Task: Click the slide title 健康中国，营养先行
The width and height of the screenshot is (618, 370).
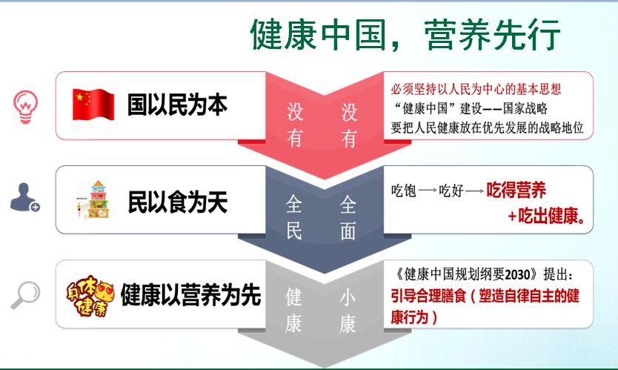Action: tap(405, 34)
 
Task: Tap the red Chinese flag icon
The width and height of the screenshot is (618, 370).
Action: tap(93, 104)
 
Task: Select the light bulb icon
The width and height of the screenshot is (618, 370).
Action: tap(26, 107)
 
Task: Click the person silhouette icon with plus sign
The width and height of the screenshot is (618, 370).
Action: tap(25, 196)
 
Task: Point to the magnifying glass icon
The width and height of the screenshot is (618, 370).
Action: tap(26, 294)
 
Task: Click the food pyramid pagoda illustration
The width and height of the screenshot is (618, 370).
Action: tap(95, 199)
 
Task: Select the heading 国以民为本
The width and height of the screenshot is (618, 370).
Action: tap(177, 105)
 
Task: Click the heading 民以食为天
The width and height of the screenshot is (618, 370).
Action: tap(177, 202)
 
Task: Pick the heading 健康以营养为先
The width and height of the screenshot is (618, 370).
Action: tap(190, 294)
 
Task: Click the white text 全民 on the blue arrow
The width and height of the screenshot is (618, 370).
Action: tap(294, 217)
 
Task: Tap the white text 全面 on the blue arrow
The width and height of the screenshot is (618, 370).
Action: tap(348, 217)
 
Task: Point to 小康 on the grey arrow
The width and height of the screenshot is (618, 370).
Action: tap(348, 311)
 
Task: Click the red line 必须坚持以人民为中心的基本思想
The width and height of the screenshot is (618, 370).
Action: tap(476, 89)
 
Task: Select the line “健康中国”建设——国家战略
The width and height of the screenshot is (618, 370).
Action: tap(471, 108)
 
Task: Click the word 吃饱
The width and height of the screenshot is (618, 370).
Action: tap(404, 191)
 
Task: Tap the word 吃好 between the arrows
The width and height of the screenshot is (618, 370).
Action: tap(451, 191)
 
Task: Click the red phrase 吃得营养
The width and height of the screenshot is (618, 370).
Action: tap(516, 190)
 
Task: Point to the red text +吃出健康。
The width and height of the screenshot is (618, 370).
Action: tap(546, 216)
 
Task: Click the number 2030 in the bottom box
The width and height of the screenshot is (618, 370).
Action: tap(517, 274)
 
